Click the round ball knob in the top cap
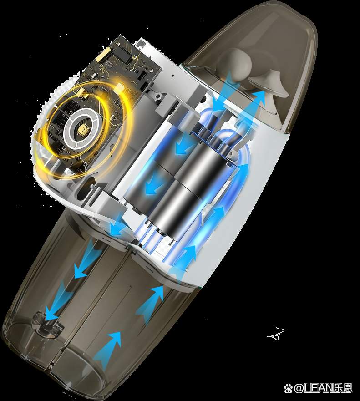pos(239,62)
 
